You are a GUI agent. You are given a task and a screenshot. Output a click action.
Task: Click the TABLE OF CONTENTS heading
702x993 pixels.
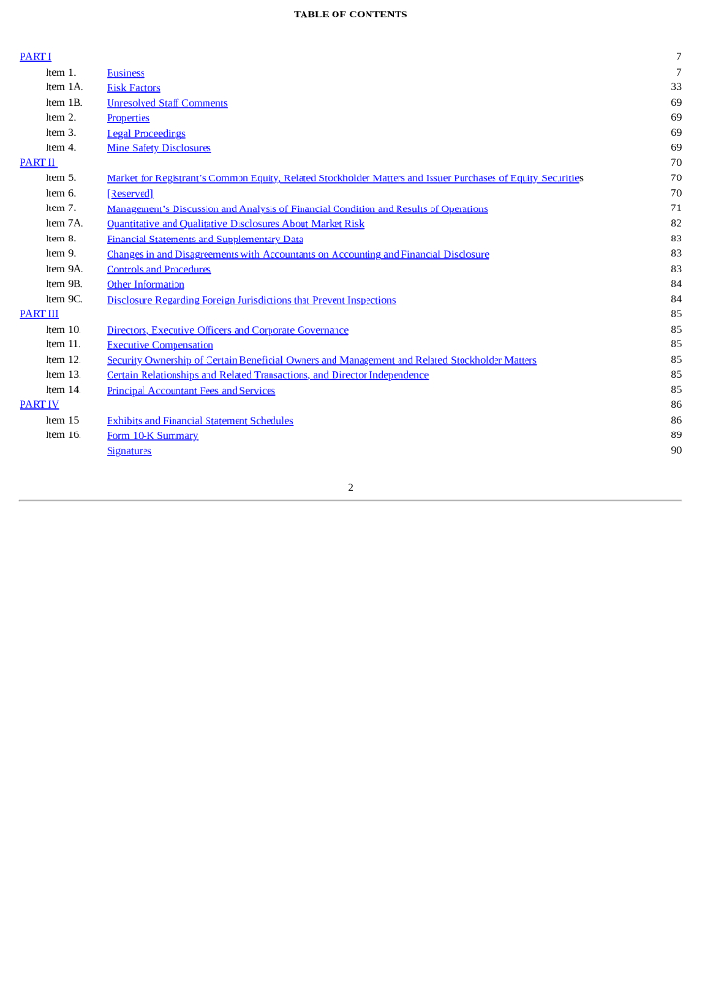[x=350, y=15]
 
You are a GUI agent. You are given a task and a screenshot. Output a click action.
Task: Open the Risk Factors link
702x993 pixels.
[x=133, y=88]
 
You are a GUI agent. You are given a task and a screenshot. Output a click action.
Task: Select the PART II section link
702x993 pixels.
[x=39, y=163]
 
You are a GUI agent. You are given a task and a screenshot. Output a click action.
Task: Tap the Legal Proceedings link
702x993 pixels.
[x=145, y=134]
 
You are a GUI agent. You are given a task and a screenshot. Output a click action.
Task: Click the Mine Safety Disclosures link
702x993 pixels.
[x=158, y=148]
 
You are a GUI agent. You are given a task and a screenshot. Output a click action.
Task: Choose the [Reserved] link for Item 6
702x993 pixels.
[x=130, y=194]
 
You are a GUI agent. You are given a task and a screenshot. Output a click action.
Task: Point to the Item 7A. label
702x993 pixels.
[x=64, y=224]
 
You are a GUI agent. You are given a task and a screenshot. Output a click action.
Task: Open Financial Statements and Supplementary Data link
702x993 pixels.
[x=205, y=240]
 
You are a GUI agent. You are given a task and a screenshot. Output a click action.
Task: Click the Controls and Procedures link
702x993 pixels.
[x=158, y=270]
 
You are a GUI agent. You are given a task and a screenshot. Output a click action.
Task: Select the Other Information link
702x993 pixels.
[x=145, y=285]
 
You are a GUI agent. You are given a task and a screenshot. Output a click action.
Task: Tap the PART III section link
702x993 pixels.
[x=40, y=314]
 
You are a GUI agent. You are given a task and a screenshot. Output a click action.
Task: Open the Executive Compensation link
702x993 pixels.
[x=160, y=345]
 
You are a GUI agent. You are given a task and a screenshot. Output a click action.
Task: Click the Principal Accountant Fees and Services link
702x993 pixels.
[x=191, y=391]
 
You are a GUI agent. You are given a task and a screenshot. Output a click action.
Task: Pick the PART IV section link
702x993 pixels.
[x=40, y=405]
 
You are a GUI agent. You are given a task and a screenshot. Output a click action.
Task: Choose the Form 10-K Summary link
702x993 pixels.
[x=152, y=436]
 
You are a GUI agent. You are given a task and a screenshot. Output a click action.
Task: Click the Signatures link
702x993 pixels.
[x=129, y=451]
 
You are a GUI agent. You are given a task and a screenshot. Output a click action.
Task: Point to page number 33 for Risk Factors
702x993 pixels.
[x=676, y=87]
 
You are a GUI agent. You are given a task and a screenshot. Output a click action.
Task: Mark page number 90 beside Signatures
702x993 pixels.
[x=676, y=450]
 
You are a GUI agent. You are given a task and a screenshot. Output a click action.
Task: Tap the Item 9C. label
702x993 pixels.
[x=64, y=300]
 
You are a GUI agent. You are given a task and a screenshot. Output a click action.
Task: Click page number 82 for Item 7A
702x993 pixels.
[x=676, y=224]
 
